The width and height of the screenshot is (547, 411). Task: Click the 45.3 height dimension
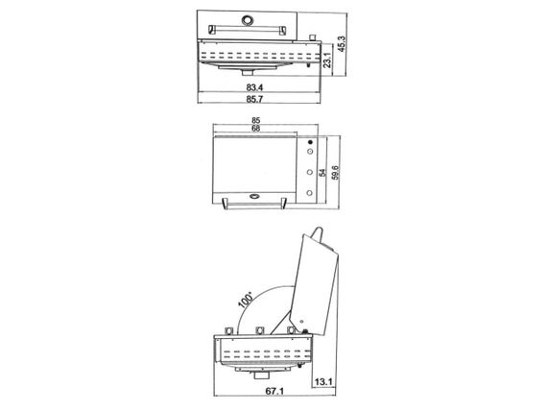tap(342, 44)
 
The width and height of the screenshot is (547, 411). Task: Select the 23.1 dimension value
tap(327, 60)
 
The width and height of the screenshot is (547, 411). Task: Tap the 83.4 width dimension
tap(254, 87)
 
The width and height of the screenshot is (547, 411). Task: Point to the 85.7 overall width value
tap(254, 99)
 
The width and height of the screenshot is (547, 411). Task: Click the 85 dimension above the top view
tap(255, 121)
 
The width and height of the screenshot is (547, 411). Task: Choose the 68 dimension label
tap(255, 129)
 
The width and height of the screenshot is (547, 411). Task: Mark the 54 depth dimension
tap(322, 173)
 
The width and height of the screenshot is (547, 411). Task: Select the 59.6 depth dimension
tap(335, 173)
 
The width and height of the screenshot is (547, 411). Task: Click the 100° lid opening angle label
tap(246, 299)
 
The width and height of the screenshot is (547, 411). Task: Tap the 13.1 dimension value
tap(323, 382)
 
